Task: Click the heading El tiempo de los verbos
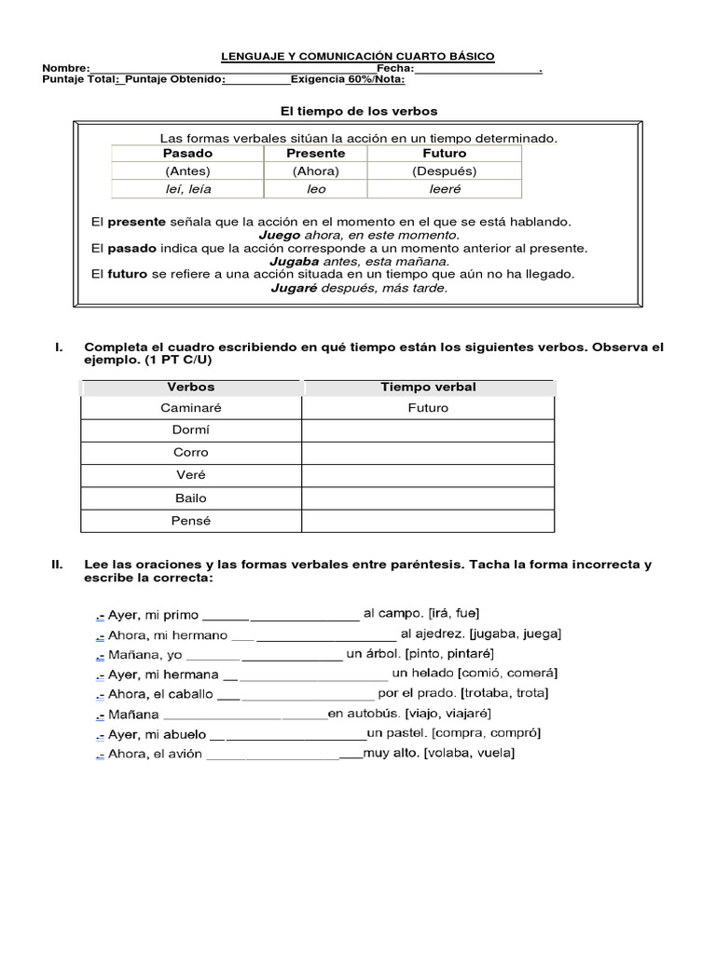click(359, 111)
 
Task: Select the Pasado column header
click(187, 153)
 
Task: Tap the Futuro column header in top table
click(444, 153)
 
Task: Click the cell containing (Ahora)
click(315, 171)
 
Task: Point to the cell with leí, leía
click(187, 189)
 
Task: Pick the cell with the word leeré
click(444, 189)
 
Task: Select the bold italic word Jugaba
click(295, 262)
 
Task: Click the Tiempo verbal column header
click(428, 387)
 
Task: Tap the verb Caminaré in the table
click(191, 408)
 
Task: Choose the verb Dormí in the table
click(191, 430)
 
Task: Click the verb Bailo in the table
click(191, 498)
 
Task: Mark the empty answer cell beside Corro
click(428, 453)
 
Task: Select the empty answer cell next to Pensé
click(428, 521)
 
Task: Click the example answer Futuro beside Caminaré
click(428, 408)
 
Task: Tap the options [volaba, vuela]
click(468, 754)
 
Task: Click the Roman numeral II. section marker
click(57, 565)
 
